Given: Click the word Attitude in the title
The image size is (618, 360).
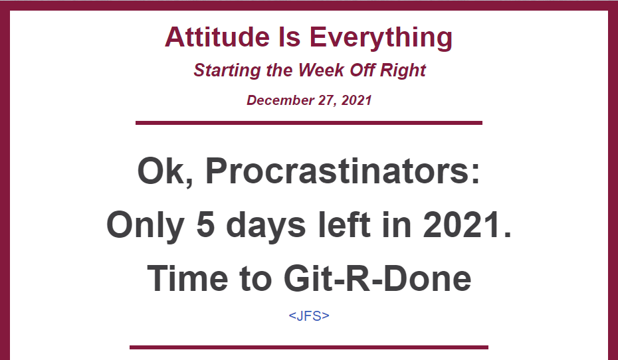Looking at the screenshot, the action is (x=217, y=37).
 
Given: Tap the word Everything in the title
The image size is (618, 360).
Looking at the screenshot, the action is (x=381, y=39).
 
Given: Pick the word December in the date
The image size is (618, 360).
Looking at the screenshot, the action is (x=280, y=100).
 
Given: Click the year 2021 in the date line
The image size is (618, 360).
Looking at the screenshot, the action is (x=356, y=100).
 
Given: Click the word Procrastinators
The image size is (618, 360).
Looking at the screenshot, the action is (x=343, y=171).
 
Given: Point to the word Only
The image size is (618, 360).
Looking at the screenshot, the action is (x=146, y=226).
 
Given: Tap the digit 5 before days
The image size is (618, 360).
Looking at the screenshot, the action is (x=205, y=225).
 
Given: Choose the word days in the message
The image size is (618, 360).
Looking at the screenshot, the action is (x=266, y=226).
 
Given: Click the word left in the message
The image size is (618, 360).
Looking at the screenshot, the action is (x=344, y=225).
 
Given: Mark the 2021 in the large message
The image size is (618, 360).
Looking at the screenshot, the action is (x=466, y=225).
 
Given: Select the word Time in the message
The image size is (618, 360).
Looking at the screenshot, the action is (x=187, y=278).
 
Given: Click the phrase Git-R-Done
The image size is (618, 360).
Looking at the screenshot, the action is (x=377, y=278).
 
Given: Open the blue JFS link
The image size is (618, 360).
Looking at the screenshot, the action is (x=309, y=315).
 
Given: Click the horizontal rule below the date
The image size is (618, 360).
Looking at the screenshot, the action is (x=309, y=123).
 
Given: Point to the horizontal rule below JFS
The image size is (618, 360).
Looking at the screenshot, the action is (x=309, y=347).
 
